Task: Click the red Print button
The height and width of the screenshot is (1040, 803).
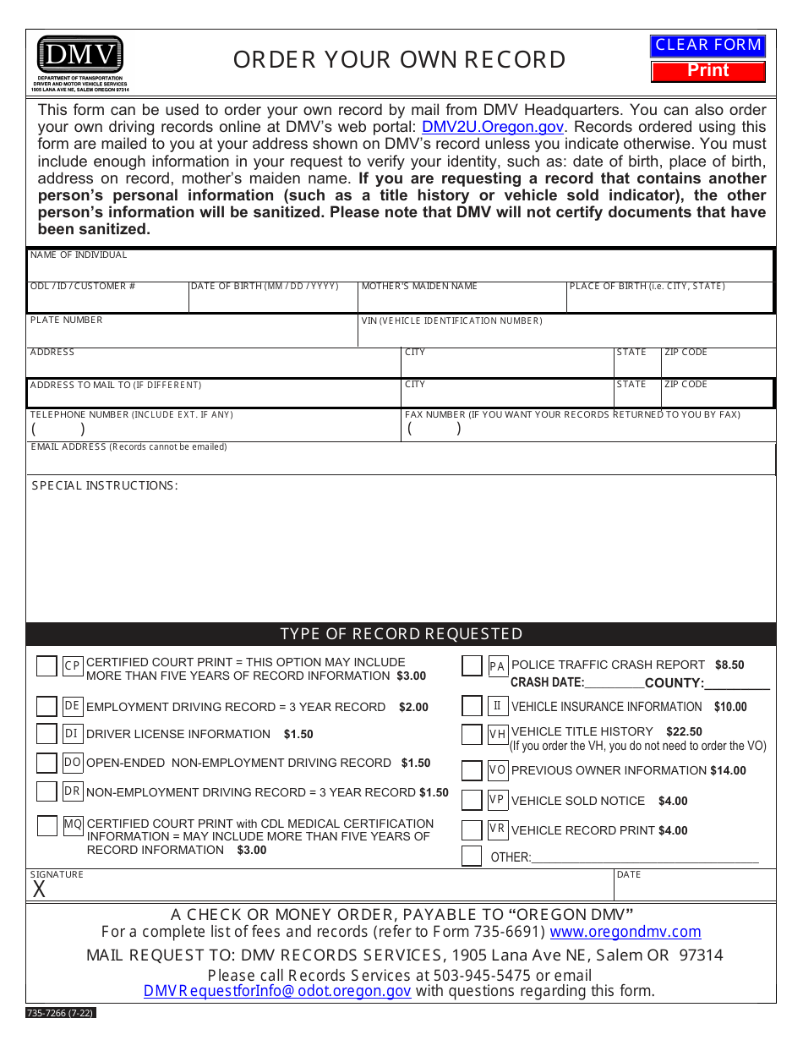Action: tap(707, 71)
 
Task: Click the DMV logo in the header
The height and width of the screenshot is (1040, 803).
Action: tap(80, 55)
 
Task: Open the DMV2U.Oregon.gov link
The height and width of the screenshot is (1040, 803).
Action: tap(492, 128)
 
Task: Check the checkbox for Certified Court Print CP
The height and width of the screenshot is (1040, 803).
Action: tap(46, 666)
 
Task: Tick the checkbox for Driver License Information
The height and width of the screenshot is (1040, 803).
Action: tap(46, 734)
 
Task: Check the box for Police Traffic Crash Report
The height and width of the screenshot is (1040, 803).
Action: tap(472, 666)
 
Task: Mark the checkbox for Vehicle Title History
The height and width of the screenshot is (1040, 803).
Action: tap(472, 735)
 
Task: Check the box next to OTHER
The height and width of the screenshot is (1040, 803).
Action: tap(472, 856)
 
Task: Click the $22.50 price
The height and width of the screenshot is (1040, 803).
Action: tap(684, 732)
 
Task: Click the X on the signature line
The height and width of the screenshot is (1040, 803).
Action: tap(39, 889)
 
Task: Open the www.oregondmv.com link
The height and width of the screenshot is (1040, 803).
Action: tap(625, 932)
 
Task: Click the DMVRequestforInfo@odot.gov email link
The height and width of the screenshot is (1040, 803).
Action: tap(277, 992)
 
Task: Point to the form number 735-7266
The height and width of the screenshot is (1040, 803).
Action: tap(61, 1012)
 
